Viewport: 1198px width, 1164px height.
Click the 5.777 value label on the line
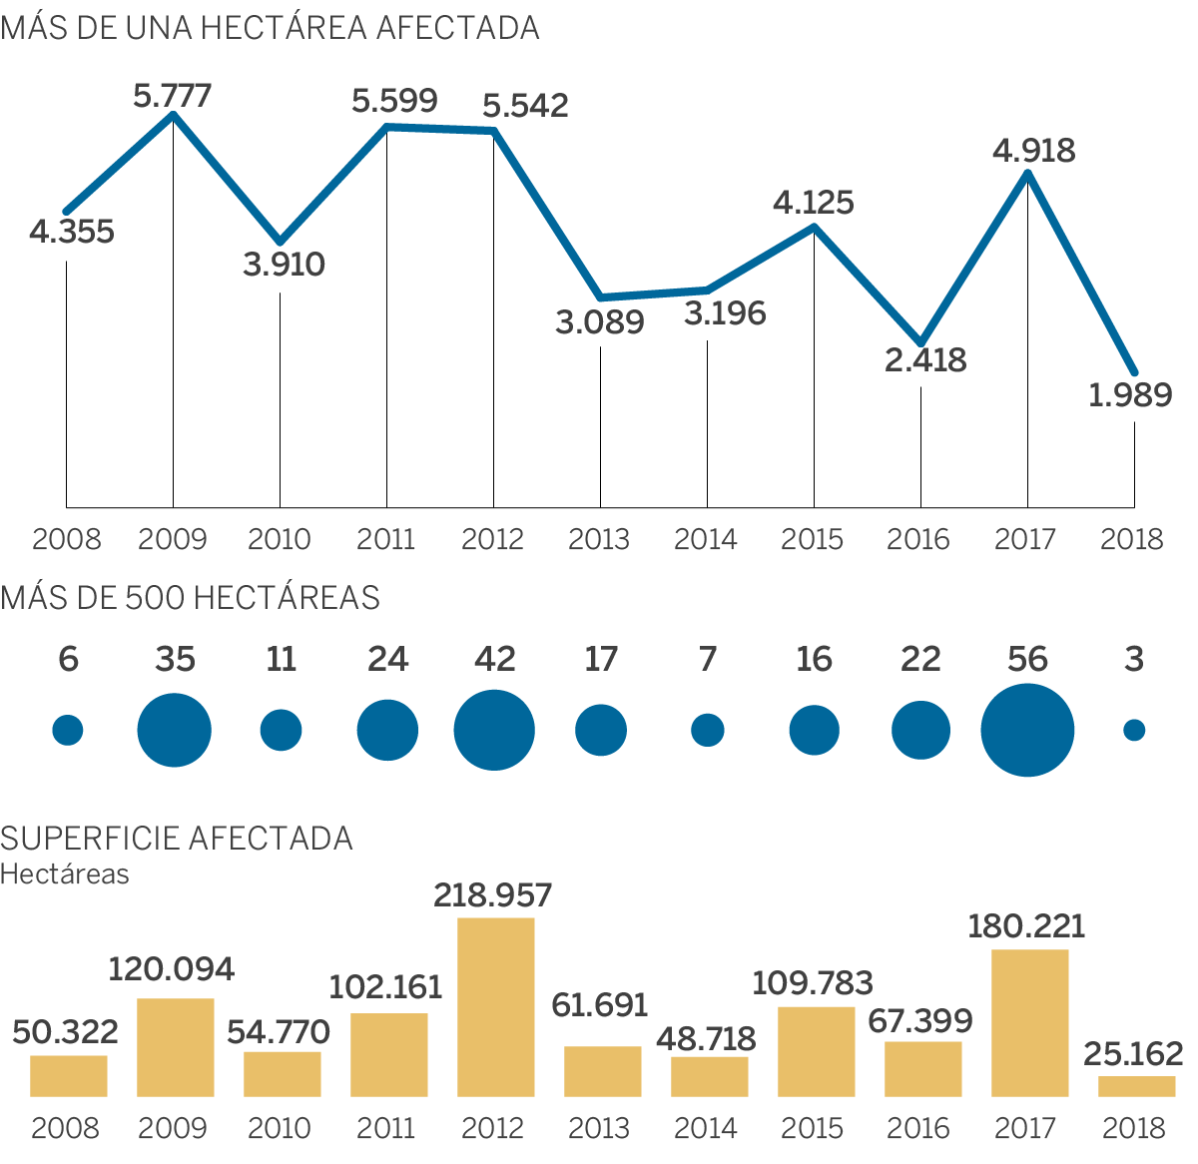173,96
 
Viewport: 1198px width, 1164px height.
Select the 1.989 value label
1130,395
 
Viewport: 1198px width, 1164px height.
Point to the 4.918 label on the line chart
1034,151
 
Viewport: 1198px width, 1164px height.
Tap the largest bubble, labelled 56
1027,731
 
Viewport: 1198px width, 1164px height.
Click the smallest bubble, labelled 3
1134,731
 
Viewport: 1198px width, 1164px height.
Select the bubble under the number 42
494,731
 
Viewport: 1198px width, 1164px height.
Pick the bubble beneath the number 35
175,731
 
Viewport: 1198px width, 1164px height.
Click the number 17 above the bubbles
601,659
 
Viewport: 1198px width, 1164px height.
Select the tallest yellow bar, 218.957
495,1006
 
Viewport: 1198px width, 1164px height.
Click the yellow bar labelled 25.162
1136,1086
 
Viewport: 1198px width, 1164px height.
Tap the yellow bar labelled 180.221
1029,1022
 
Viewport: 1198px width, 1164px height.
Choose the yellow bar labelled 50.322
69,1075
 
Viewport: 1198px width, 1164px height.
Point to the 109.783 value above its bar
813,983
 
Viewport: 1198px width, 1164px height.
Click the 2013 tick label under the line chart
599,539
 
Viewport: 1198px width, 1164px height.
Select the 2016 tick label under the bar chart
918,1128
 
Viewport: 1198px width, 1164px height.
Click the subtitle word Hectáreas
65,873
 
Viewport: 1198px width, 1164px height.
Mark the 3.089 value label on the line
600,322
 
